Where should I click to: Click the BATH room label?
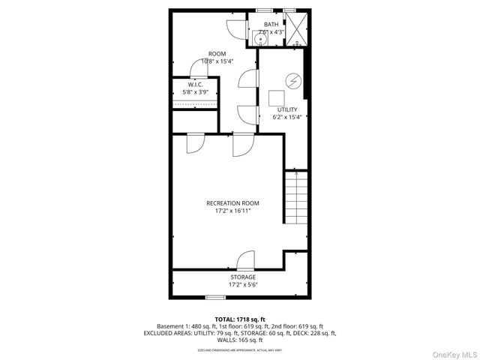(x=270, y=25)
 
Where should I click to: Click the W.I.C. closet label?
(x=196, y=84)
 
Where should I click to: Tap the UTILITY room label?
(x=287, y=109)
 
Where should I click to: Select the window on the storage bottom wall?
(x=216, y=298)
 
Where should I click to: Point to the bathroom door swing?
(x=235, y=28)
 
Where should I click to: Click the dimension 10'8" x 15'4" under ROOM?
(x=217, y=61)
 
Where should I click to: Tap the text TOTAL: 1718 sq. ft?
(x=239, y=319)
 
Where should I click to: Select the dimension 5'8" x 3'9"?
(x=196, y=92)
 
